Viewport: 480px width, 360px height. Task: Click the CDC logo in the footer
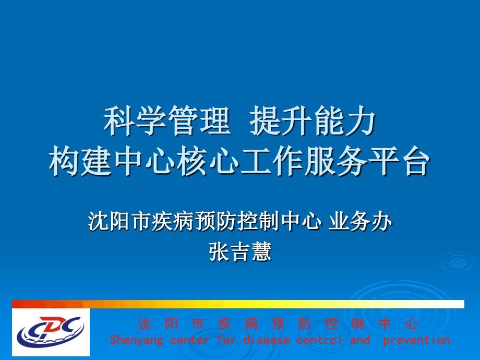click(51, 332)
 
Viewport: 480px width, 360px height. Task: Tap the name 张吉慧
click(240, 252)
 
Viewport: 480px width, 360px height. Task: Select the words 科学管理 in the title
click(167, 121)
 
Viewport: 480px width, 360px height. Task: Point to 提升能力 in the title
click(313, 121)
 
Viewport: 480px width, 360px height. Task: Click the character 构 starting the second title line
click(65, 161)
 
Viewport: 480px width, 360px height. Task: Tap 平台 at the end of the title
click(398, 161)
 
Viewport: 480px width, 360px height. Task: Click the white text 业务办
click(360, 221)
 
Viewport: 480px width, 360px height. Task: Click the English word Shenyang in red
click(137, 340)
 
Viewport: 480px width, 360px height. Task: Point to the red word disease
click(266, 340)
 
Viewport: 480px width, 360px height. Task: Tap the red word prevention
click(416, 340)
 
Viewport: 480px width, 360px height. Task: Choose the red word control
click(319, 340)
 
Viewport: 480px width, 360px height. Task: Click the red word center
click(189, 340)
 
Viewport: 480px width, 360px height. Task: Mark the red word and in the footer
click(360, 340)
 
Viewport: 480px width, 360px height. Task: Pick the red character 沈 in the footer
click(145, 323)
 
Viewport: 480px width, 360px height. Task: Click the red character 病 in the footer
click(251, 323)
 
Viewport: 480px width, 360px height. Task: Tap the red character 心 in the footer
click(411, 323)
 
